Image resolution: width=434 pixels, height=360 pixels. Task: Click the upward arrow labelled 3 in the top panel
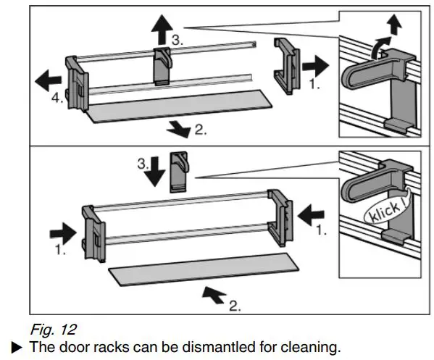(x=162, y=30)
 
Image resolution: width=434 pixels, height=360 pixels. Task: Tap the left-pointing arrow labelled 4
(x=48, y=80)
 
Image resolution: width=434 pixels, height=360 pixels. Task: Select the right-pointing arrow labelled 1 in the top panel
(x=315, y=66)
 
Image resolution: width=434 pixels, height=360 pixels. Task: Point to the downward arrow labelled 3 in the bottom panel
(x=155, y=172)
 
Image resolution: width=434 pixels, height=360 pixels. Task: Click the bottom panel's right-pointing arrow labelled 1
(x=63, y=233)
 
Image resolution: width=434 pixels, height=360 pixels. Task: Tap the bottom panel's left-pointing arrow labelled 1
(x=311, y=215)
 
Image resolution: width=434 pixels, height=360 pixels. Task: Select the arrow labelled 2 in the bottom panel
(x=214, y=296)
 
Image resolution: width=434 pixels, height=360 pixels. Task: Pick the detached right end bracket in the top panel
(x=287, y=66)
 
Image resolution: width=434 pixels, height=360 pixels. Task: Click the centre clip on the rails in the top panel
(x=162, y=67)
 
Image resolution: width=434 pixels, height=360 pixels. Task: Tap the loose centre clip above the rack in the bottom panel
(x=180, y=172)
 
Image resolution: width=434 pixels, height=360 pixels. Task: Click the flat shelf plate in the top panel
(x=180, y=106)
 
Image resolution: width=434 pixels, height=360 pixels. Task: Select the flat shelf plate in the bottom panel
(x=204, y=269)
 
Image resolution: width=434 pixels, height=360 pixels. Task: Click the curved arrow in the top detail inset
(x=380, y=47)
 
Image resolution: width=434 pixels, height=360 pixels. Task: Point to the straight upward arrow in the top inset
(x=394, y=25)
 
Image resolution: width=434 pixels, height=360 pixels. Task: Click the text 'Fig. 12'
(x=53, y=330)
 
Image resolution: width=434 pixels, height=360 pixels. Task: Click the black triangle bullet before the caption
(x=17, y=347)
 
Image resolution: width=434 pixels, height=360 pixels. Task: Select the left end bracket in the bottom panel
(x=93, y=233)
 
